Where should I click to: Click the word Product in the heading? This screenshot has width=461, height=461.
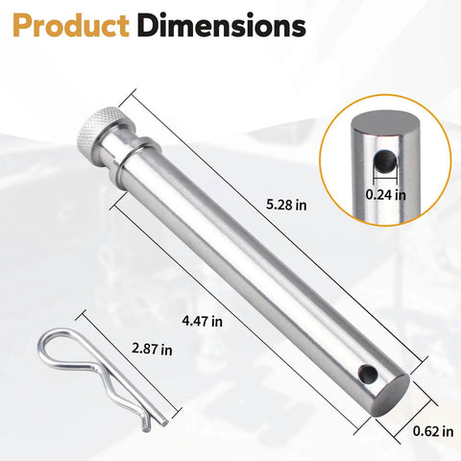click(x=68, y=27)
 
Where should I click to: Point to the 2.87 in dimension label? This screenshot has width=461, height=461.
click(x=154, y=348)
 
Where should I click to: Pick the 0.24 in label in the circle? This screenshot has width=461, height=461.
click(x=386, y=193)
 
